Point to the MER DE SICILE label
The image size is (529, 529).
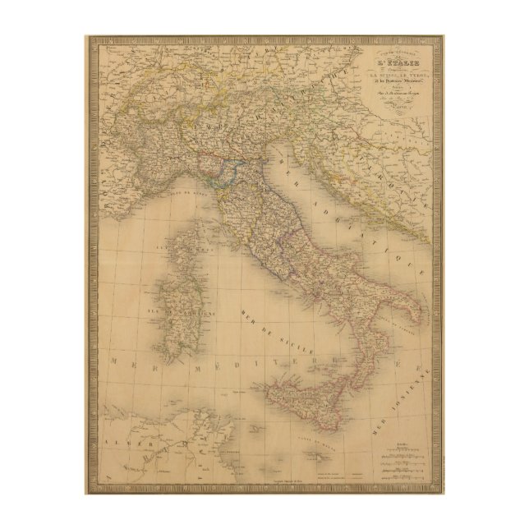point(263,338)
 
